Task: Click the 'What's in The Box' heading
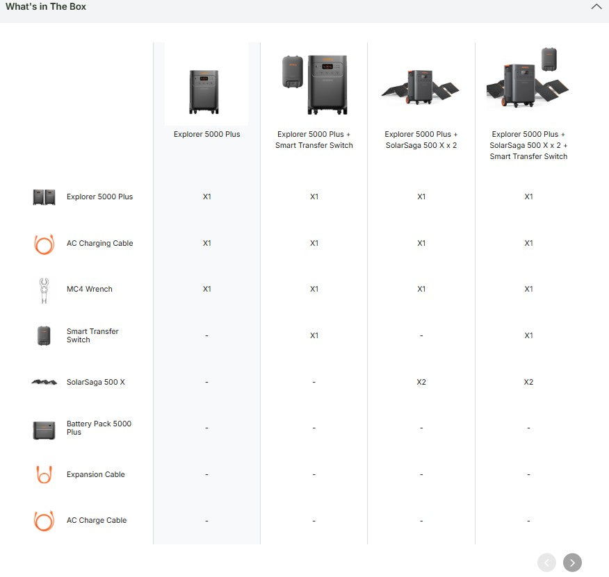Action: pos(46,7)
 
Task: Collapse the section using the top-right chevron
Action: pos(596,7)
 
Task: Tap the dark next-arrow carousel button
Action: pos(572,562)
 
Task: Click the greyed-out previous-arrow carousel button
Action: pos(547,562)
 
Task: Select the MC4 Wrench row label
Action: pos(89,289)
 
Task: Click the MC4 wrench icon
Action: pos(44,290)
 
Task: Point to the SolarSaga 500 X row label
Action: pos(95,382)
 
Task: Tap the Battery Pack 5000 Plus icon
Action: pos(44,430)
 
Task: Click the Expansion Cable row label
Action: pos(95,474)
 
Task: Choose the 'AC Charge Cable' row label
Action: pos(97,520)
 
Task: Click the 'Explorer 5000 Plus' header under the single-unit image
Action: pos(206,134)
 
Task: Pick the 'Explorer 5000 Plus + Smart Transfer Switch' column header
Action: pos(314,140)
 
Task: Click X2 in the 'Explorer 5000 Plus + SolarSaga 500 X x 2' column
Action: pos(421,382)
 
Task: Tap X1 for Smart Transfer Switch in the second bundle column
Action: pos(314,335)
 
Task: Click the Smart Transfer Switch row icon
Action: pos(44,335)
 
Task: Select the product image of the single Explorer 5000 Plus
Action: pos(204,92)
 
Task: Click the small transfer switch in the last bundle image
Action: pos(549,60)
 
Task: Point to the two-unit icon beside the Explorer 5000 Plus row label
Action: pos(44,197)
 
